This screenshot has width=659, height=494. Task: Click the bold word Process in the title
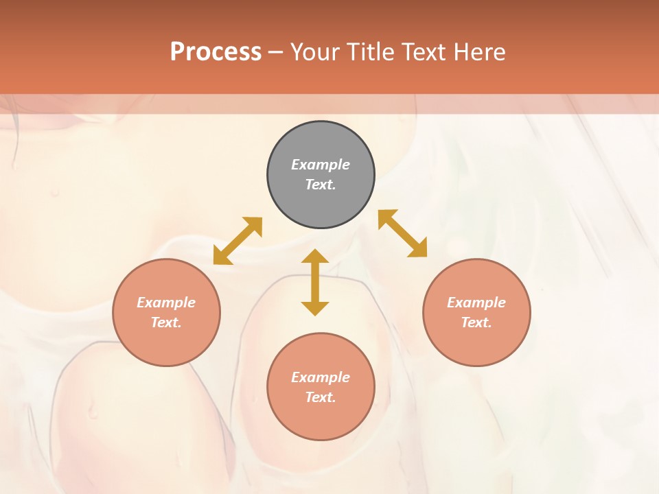coord(216,51)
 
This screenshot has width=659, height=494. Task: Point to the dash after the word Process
coord(275,52)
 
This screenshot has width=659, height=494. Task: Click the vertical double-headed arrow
coord(315,283)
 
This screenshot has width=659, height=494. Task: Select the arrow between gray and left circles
coord(238,241)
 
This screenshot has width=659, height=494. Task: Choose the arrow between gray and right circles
coord(403,233)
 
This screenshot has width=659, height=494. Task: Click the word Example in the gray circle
coord(321,165)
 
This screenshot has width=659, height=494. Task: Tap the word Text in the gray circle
coord(321,185)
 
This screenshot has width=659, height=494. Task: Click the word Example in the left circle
coord(166,303)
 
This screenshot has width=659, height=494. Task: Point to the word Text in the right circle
coord(476,322)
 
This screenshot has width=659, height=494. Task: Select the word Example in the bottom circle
coord(321,377)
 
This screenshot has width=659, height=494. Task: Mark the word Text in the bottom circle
coord(321,397)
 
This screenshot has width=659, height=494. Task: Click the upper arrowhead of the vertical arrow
coord(315,257)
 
